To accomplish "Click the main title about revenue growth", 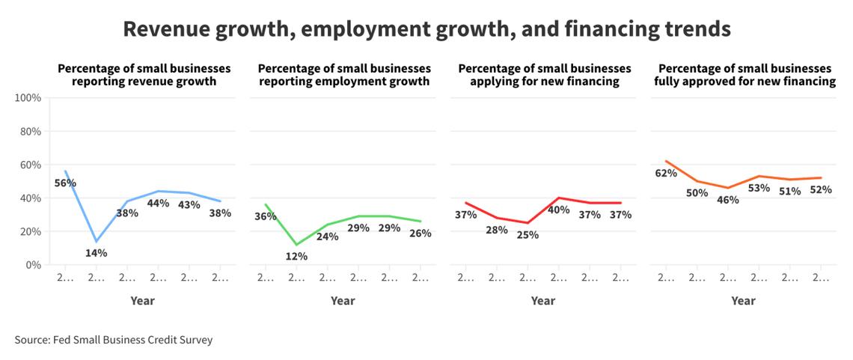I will (426, 29).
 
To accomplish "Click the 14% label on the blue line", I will (96, 253).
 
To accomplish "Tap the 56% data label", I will (65, 183).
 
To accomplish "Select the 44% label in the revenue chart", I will (158, 203).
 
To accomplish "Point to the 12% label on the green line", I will (296, 257).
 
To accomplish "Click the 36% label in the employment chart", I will (266, 216).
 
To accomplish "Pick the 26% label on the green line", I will (420, 233).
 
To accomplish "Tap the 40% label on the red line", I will (558, 210).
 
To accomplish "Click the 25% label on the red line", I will (528, 234).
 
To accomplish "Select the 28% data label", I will (497, 229).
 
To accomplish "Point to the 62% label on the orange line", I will (666, 173).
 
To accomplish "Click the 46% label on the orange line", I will (728, 200).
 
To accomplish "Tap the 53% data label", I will (759, 188).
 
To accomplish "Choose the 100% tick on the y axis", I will (28, 98).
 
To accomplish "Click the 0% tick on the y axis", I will (33, 265).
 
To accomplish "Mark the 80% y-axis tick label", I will (30, 131).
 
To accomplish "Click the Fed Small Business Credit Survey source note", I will (114, 340).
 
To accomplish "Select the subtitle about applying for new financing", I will (545, 75).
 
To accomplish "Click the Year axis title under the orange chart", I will (743, 301).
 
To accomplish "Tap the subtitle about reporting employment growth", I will (344, 75).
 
